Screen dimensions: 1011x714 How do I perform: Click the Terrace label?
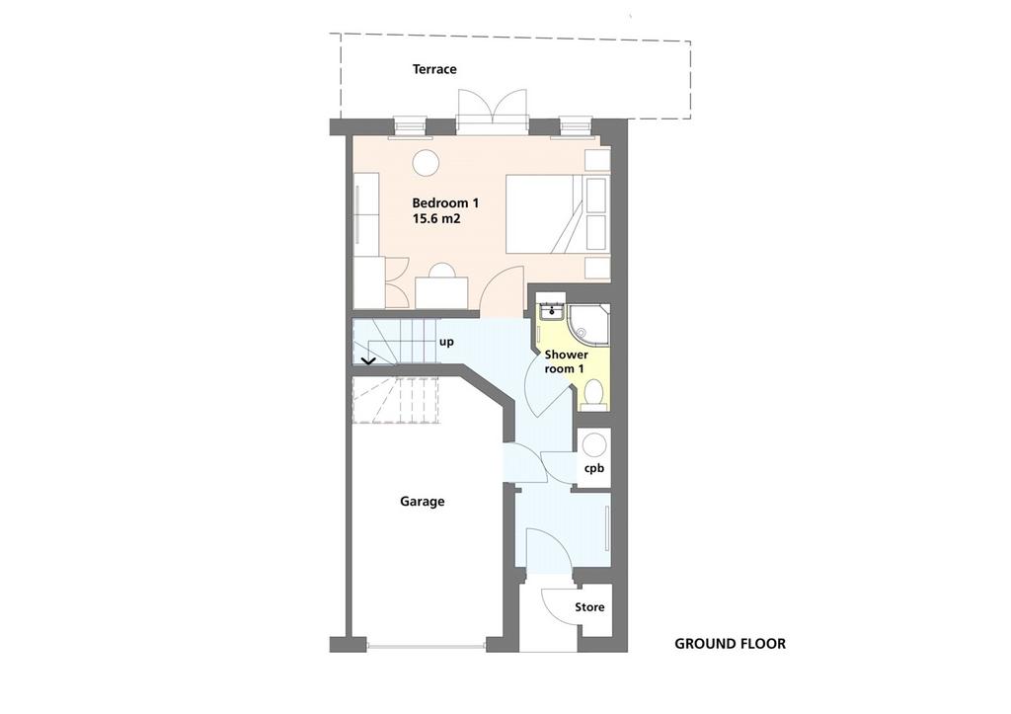(x=434, y=69)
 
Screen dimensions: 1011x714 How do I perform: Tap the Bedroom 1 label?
(x=445, y=203)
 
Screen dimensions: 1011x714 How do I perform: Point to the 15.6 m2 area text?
(x=436, y=218)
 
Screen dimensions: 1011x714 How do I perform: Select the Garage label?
(x=423, y=501)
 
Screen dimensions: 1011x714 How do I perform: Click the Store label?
(x=589, y=607)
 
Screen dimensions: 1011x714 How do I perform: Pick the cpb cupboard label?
(x=593, y=468)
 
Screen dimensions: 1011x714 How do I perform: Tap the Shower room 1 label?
(x=566, y=361)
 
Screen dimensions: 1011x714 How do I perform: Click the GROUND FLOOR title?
(x=730, y=644)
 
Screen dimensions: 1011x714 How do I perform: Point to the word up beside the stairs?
(x=446, y=342)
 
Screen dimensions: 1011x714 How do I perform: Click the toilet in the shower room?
(x=592, y=393)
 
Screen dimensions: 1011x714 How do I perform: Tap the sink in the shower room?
(x=552, y=311)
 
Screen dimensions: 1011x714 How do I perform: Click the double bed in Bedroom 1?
(x=557, y=213)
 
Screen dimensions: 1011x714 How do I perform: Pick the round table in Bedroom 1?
(x=426, y=163)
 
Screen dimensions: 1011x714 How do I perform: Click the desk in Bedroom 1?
(x=441, y=292)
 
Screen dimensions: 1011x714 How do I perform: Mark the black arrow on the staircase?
(x=368, y=361)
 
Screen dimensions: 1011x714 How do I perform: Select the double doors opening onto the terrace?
(x=492, y=107)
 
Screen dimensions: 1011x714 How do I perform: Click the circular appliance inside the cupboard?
(x=593, y=445)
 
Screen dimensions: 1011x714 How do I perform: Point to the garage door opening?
(x=427, y=645)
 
